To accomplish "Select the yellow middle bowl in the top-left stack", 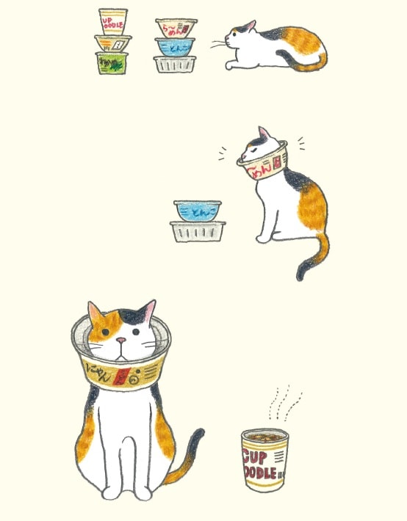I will [x=113, y=43].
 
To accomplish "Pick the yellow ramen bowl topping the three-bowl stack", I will [x=176, y=28].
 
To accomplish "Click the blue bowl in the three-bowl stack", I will [x=176, y=46].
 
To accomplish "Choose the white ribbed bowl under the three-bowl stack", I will [x=175, y=64].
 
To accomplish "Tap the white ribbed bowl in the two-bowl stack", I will [x=197, y=231].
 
